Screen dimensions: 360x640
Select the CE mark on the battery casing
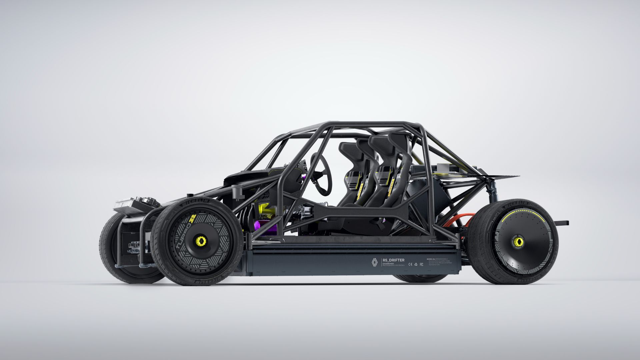coord(410,264)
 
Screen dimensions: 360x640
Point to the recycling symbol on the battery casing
coord(416,264)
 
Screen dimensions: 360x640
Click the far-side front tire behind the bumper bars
coord(110,247)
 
